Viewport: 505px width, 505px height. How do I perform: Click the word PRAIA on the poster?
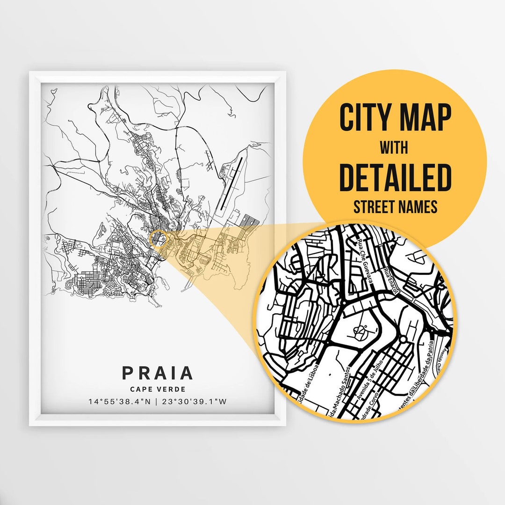[x=157, y=373]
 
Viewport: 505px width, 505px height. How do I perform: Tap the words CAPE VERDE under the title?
[x=157, y=389]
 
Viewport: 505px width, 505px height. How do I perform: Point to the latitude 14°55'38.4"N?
[x=119, y=401]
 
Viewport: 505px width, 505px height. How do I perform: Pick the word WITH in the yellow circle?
[x=393, y=148]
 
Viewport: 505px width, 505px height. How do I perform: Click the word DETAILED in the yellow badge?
[x=395, y=178]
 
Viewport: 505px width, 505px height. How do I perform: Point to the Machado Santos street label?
[x=340, y=395]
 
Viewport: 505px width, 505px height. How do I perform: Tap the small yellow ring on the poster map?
[x=159, y=238]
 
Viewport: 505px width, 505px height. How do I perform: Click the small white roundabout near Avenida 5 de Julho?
[x=403, y=338]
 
